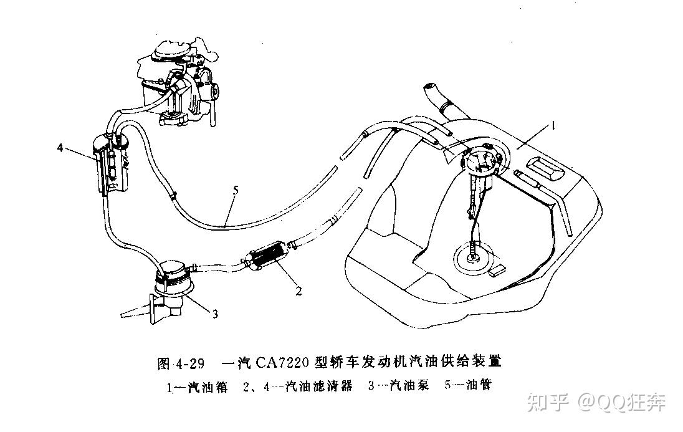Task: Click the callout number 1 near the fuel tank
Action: click(x=552, y=125)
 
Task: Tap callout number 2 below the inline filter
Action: click(x=299, y=290)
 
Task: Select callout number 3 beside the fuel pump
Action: click(x=215, y=314)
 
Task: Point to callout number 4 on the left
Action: click(x=60, y=148)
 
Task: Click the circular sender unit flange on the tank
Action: click(x=482, y=161)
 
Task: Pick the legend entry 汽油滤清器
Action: click(x=318, y=387)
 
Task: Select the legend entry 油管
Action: click(x=479, y=386)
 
